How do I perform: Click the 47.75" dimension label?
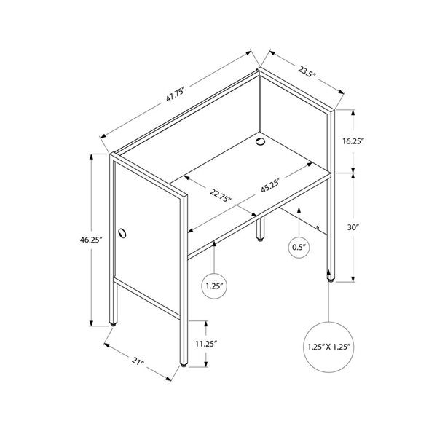click(x=176, y=94)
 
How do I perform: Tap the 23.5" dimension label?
click(x=307, y=71)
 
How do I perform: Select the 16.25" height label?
click(x=353, y=141)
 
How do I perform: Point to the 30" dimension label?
click(x=353, y=227)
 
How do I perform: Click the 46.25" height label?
click(x=92, y=240)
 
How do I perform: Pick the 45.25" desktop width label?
click(x=269, y=185)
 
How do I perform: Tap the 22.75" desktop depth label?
click(x=221, y=194)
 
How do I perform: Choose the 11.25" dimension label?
click(x=206, y=344)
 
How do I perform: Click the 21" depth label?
click(x=138, y=361)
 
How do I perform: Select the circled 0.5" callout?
click(x=299, y=247)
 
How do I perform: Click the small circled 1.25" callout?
click(x=214, y=286)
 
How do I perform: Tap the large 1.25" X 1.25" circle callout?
click(x=329, y=347)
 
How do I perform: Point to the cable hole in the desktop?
click(x=261, y=141)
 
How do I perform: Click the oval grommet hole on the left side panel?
click(x=122, y=233)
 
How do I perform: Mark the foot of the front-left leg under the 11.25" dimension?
click(x=184, y=364)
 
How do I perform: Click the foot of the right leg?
click(x=331, y=280)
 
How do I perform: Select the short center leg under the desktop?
click(x=260, y=229)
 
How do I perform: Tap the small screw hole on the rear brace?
click(x=318, y=227)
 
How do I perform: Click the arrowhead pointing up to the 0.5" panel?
click(x=299, y=209)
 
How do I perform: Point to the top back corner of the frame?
click(x=260, y=68)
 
